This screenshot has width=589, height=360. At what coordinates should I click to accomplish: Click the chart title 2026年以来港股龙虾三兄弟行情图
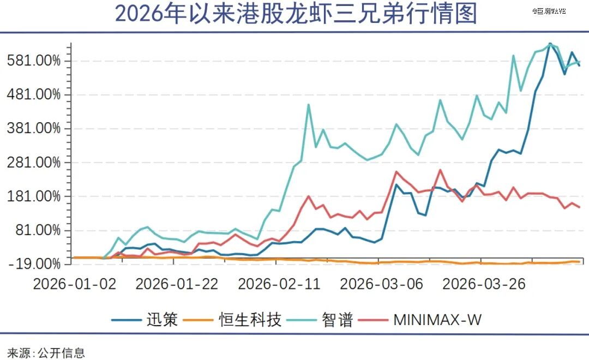296,14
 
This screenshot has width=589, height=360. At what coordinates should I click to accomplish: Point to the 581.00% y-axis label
34,61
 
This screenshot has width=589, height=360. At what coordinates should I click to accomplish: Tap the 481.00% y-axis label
34,94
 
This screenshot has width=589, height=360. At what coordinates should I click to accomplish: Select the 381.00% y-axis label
34,129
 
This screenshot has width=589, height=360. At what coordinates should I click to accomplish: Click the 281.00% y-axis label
34,163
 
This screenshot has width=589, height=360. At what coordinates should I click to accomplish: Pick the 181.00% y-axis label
34,196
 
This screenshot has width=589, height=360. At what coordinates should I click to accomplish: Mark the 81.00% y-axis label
38,230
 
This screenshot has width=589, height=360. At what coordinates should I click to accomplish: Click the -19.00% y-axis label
34,264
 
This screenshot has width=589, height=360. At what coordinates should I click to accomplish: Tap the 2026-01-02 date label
75,284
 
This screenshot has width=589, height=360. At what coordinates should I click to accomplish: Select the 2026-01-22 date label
177,284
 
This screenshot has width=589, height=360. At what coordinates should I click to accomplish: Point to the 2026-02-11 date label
279,284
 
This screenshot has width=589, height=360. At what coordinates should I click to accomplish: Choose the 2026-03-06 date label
382,284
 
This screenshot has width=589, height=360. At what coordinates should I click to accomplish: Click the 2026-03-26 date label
484,284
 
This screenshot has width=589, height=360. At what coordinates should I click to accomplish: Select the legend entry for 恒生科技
232,320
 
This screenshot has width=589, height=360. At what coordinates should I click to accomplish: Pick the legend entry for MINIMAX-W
420,320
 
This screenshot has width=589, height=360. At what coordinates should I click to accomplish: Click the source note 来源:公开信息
46,353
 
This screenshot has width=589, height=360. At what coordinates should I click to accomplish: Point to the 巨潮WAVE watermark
549,11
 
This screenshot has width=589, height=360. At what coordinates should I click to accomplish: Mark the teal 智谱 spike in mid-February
308,105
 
